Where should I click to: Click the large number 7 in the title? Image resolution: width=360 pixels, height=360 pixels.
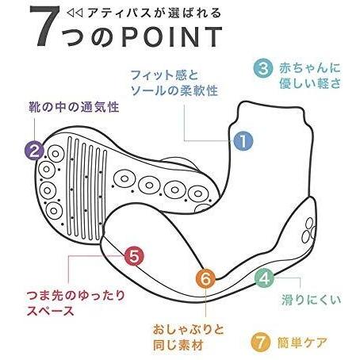pos(45,26)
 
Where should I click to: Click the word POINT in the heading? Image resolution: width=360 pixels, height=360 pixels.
pos(171,37)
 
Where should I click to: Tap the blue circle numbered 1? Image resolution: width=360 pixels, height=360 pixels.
pos(243,140)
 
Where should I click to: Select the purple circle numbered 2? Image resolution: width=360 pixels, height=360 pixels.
pos(34,151)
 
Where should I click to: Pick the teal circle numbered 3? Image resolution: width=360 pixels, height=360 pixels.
pos(263,68)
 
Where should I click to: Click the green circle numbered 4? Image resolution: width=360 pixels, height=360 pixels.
pos(265,278)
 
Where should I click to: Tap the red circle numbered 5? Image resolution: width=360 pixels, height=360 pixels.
pos(134,256)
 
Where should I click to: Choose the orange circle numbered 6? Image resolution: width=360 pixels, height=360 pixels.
pos(205,278)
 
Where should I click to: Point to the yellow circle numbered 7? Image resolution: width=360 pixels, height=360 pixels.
pos(261,343)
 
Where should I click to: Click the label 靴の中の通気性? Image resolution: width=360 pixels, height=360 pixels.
pos(74,107)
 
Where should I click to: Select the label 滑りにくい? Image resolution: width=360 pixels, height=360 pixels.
pos(311,300)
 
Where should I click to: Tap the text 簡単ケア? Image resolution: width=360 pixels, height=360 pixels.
pos(302,343)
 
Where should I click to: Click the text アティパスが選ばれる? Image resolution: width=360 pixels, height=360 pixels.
pos(154,13)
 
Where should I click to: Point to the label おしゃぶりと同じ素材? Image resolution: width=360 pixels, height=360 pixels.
pos(188,337)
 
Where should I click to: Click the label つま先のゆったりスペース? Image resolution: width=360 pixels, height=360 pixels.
pos(75,303)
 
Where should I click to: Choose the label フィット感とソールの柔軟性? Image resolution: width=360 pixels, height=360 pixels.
pos(174,83)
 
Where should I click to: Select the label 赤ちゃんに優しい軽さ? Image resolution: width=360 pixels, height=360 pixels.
pos(310,76)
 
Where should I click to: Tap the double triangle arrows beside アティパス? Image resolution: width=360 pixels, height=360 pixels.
pos(75,13)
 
